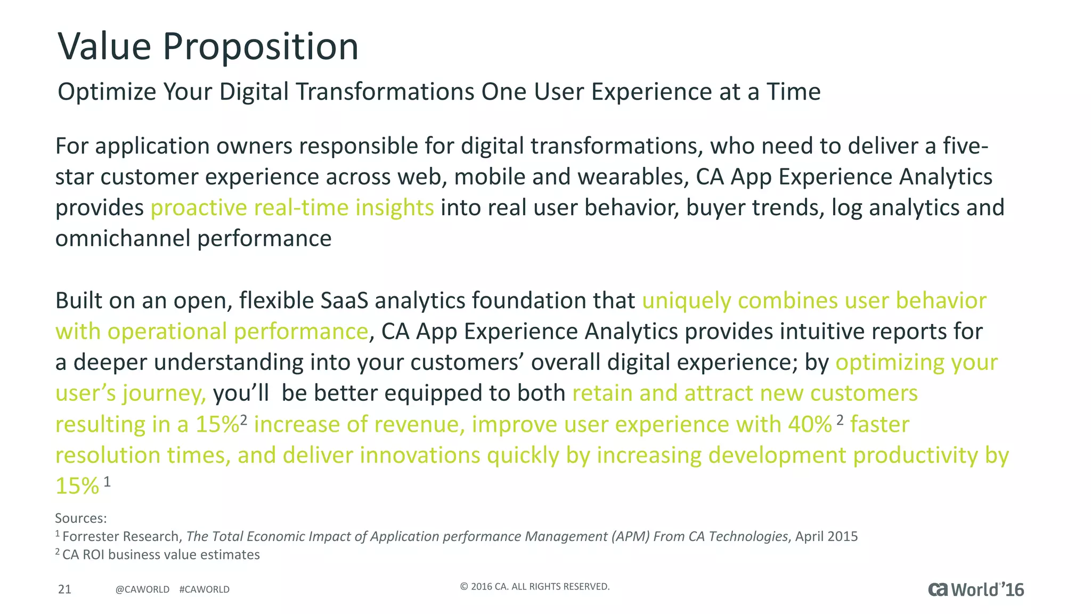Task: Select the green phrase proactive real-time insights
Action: point(292,208)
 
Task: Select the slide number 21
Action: point(64,589)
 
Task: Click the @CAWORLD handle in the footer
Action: point(142,589)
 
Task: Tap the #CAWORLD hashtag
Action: point(205,589)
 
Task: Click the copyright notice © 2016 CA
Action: point(534,587)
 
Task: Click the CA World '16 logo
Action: point(976,589)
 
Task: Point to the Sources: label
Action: point(81,518)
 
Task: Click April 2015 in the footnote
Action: point(826,536)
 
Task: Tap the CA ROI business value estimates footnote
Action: point(161,555)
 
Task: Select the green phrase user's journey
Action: point(130,394)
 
